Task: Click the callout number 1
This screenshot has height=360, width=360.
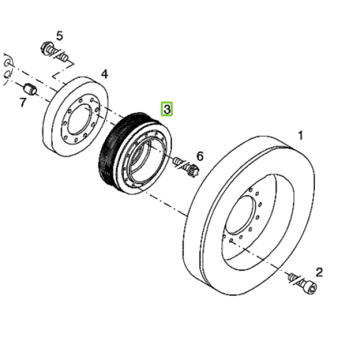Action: (301, 135)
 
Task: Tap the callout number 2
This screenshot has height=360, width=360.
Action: (319, 272)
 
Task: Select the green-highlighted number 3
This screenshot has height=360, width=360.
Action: (167, 109)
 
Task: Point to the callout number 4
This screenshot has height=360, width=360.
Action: (104, 74)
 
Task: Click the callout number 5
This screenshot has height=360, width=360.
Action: (59, 36)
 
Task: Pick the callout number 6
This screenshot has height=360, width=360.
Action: (200, 156)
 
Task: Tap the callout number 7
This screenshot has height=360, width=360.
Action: (22, 103)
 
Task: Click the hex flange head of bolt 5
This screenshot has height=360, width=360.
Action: (46, 47)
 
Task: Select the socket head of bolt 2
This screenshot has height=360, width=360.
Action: (310, 287)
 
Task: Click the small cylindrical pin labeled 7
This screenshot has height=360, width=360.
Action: (30, 89)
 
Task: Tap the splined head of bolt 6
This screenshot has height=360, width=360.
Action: (193, 170)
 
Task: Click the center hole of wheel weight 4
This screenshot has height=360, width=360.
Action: (80, 119)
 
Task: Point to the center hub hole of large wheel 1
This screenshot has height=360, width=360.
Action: (240, 215)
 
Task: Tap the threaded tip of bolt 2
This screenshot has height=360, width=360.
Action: (291, 276)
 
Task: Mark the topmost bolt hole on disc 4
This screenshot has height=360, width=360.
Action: (92, 100)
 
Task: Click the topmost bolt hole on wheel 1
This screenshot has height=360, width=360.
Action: (250, 190)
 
